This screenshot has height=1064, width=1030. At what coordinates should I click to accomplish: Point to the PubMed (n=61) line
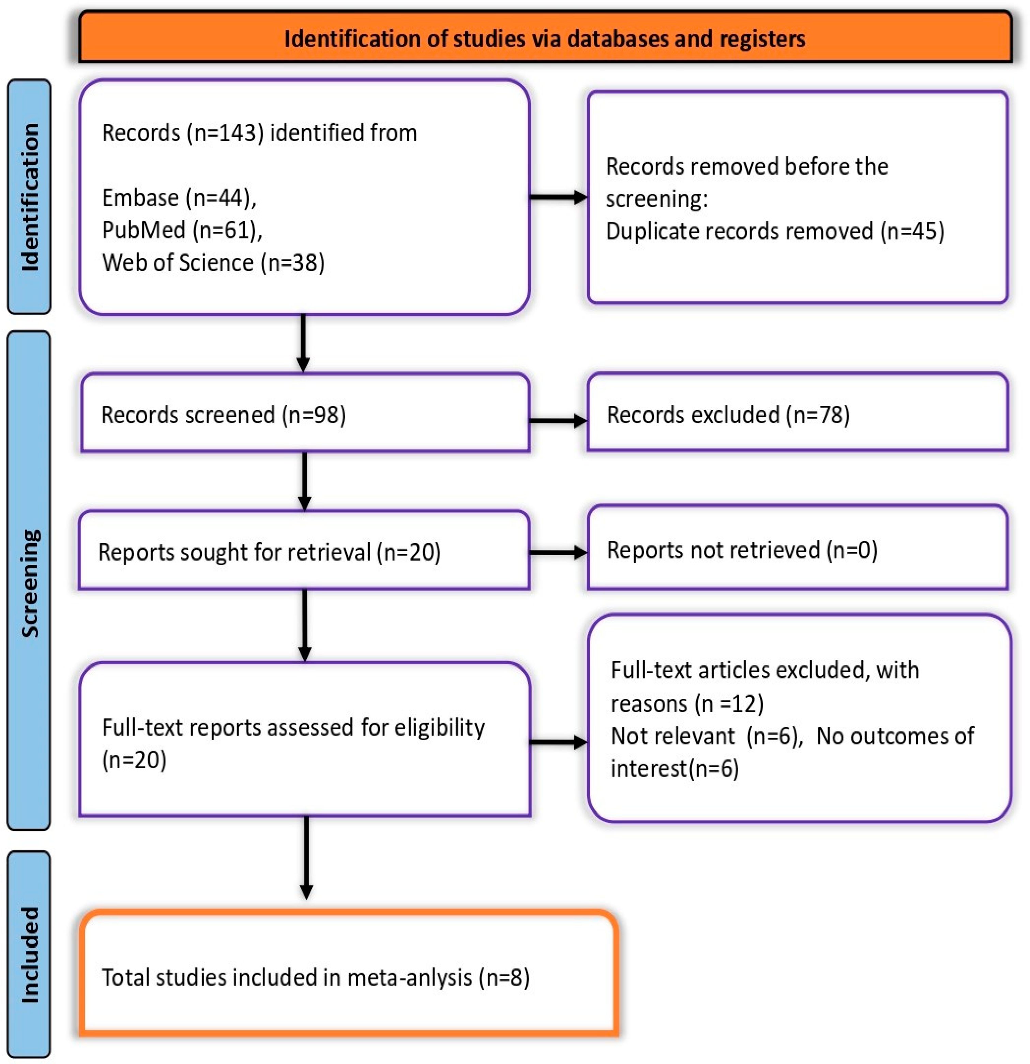click(x=182, y=230)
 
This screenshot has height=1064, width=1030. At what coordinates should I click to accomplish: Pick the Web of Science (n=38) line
click(x=213, y=263)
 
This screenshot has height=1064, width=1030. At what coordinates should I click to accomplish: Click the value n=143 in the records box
click(x=225, y=133)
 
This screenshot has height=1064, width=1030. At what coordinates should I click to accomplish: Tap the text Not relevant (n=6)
click(x=706, y=736)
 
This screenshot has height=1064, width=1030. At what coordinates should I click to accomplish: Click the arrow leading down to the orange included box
click(x=306, y=858)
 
